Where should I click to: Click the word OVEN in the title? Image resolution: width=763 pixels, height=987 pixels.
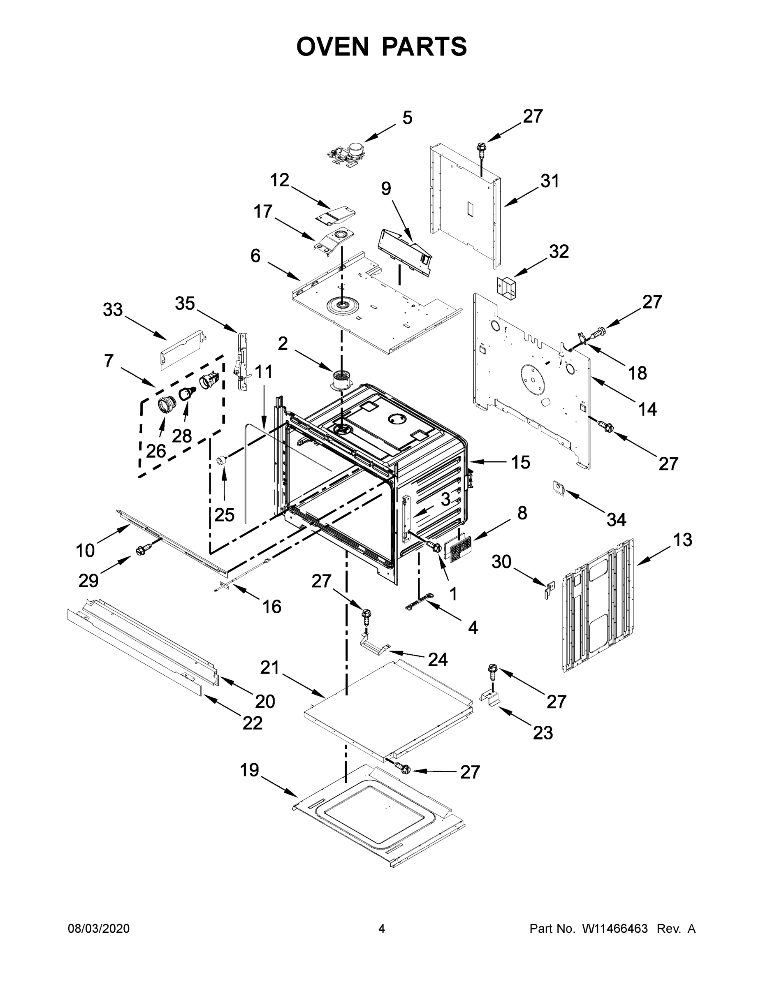point(333,46)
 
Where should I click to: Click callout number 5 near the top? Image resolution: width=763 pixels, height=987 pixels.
point(407,118)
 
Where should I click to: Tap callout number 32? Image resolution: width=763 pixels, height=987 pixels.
point(558,252)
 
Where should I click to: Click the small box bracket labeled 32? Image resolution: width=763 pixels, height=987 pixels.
point(507,287)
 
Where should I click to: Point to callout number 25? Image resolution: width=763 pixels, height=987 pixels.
point(224,514)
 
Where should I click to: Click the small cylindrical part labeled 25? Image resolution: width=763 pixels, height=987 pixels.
point(221,460)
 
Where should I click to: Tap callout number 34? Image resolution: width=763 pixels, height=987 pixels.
point(616,520)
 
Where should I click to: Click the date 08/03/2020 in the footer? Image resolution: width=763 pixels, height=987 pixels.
point(99,928)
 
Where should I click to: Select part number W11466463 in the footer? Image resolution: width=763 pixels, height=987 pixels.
point(615,928)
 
